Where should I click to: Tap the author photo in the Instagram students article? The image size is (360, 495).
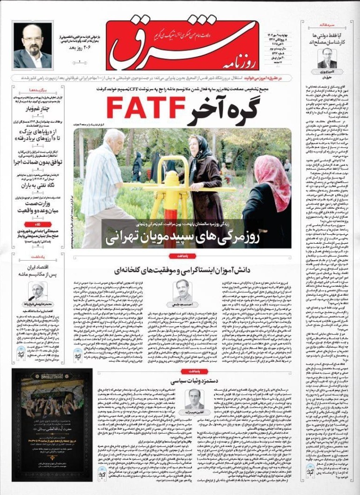(182, 291)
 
